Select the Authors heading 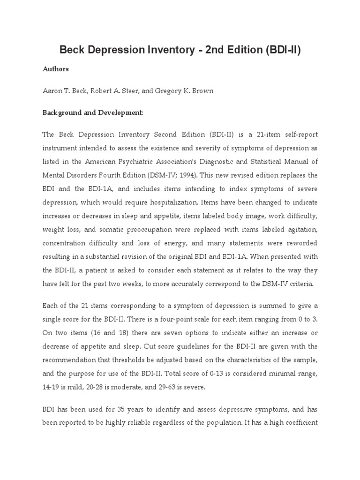(x=56, y=69)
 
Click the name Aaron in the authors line (x=52, y=91)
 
